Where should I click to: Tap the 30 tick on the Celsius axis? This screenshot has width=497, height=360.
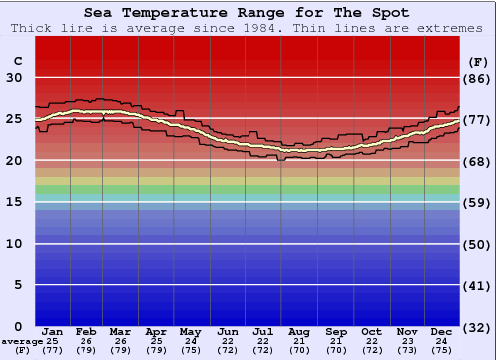pos(15,78)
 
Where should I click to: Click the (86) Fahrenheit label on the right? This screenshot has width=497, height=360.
pos(478,78)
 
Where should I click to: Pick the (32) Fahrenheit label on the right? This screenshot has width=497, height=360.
pos(478,327)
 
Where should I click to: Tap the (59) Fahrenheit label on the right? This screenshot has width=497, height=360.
pos(478,203)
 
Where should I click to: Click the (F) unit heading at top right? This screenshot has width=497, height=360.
pos(478,61)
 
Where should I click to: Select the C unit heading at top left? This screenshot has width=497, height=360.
pos(17,61)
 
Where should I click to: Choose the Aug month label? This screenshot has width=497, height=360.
pos(299,331)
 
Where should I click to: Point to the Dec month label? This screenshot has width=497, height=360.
pos(441,331)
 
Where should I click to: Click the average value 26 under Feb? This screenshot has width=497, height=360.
pos(85,341)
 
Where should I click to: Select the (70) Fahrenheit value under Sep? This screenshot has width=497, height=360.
pos(335,350)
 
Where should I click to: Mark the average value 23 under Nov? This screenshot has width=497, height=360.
pos(406,341)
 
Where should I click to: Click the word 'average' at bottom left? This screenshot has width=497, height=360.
pos(21,341)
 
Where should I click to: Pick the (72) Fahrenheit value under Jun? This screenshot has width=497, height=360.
pos(228,350)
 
